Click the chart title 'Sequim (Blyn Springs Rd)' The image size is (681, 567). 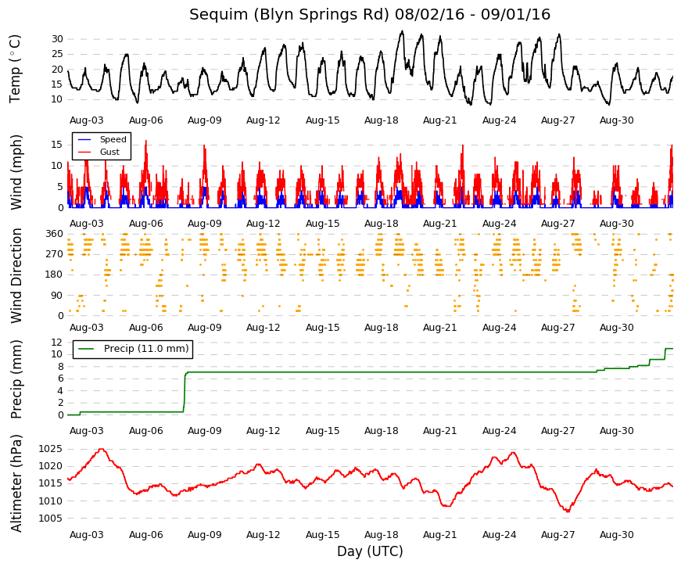289,14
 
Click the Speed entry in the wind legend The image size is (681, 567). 113,139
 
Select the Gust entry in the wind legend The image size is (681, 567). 109,152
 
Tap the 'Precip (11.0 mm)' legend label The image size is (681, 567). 146,349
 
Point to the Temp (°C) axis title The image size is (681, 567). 15,69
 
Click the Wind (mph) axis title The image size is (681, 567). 16,172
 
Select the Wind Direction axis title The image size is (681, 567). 16,276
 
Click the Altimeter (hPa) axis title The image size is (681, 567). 16,483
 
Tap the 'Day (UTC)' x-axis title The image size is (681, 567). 370,551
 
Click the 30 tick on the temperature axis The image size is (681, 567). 57,39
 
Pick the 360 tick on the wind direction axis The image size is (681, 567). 55,234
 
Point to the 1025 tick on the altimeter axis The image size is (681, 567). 50,449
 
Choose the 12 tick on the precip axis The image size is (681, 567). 57,343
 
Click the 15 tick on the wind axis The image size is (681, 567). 57,145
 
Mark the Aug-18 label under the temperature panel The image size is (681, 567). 382,120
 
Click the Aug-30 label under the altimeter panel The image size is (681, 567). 617,535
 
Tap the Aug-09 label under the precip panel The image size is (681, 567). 205,431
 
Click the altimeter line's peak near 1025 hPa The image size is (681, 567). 102,449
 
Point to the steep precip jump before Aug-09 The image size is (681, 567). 185,392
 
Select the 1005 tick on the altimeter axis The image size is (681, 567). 50,519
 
